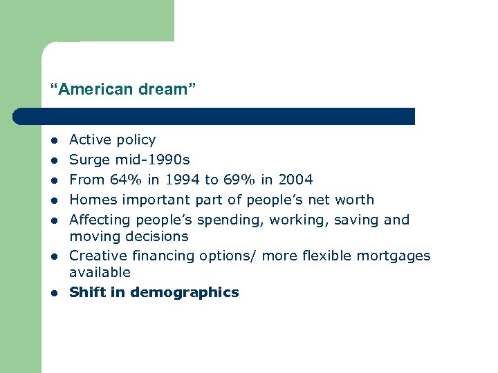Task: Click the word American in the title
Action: click(x=86, y=89)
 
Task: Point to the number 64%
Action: click(x=122, y=180)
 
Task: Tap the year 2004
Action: click(x=295, y=180)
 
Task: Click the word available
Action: click(x=100, y=272)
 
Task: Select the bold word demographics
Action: click(x=185, y=292)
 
